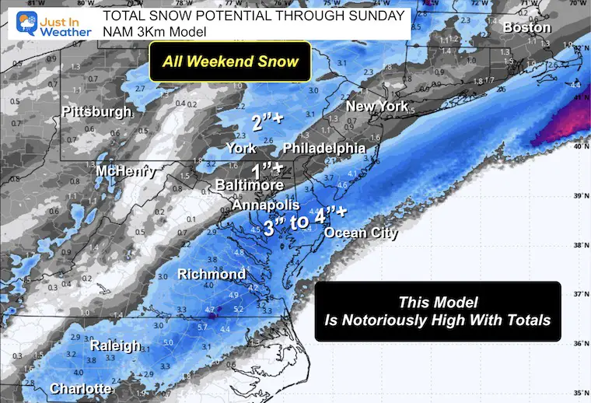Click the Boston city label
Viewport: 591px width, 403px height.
click(527, 28)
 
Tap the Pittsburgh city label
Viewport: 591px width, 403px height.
click(96, 113)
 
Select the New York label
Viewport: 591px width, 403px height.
click(376, 106)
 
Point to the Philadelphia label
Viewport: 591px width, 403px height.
click(323, 148)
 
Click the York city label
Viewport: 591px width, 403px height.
click(241, 148)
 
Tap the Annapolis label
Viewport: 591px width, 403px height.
click(265, 205)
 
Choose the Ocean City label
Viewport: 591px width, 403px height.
click(361, 233)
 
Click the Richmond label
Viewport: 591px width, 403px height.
click(212, 274)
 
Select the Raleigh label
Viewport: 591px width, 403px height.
click(115, 345)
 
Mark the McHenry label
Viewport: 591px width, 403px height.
click(126, 170)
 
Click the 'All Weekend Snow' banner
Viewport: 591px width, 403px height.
click(229, 61)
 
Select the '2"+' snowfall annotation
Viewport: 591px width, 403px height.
click(267, 122)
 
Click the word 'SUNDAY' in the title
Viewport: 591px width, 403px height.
click(377, 15)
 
